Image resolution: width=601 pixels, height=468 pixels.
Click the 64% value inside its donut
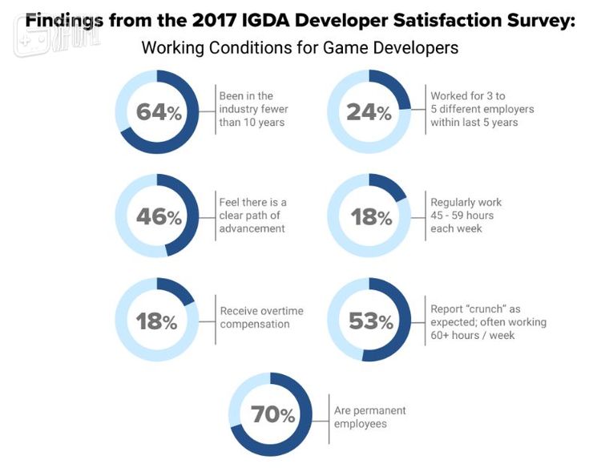click(x=159, y=112)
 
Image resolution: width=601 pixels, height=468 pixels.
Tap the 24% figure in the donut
click(x=369, y=112)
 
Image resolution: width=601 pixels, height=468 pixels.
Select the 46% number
click(x=159, y=217)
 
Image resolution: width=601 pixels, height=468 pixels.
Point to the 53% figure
click(x=370, y=322)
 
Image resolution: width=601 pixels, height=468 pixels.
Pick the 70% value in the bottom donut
click(x=272, y=415)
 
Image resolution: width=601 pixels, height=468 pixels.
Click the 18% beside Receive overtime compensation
click(x=158, y=322)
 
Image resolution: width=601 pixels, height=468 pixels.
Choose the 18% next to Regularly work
click(x=369, y=217)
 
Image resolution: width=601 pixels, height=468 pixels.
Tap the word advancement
click(x=252, y=229)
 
